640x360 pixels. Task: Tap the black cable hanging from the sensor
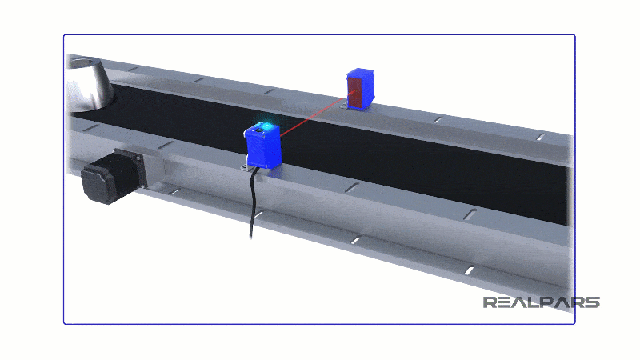click(x=254, y=200)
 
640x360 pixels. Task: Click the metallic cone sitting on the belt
click(x=90, y=84)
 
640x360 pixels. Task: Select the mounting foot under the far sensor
click(x=345, y=105)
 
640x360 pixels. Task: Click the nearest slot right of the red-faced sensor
click(x=437, y=120)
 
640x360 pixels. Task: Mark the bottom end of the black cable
click(x=252, y=237)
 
